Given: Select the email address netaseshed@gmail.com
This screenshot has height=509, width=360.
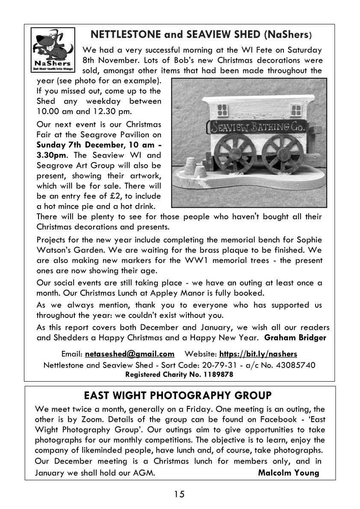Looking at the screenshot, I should pos(130,354).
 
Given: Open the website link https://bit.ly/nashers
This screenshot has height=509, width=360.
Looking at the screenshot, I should pos(258,354).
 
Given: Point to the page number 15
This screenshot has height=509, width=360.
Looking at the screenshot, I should pos(179,494).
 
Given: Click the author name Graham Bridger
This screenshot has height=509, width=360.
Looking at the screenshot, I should pos(295,338).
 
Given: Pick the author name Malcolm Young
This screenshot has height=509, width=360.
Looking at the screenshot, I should pos(289,473).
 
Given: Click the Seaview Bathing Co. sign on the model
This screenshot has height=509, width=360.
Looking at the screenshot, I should pos(257,126).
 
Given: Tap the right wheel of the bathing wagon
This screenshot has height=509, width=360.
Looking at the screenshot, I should pos(282,155).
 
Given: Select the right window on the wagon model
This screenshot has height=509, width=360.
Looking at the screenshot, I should pos(296,110).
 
